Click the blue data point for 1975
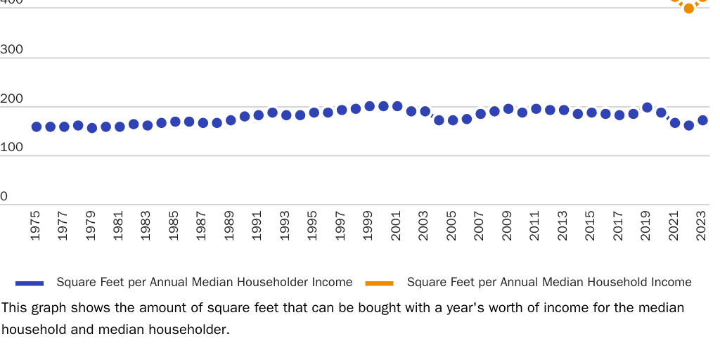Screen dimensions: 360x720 (37, 127)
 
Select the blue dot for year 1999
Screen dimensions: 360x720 (370, 106)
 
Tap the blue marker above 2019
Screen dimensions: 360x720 (648, 108)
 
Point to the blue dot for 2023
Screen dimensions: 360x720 (702, 120)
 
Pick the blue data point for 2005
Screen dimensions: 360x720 (453, 120)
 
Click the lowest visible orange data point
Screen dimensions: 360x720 (689, 8)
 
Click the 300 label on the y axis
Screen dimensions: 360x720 (12, 50)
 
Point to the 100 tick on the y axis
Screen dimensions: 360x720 (12, 148)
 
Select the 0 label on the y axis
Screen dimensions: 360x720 (4, 197)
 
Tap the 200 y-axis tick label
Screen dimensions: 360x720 (12, 99)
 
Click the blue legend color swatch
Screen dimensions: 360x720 (30, 283)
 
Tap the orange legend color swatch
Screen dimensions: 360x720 (380, 283)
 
